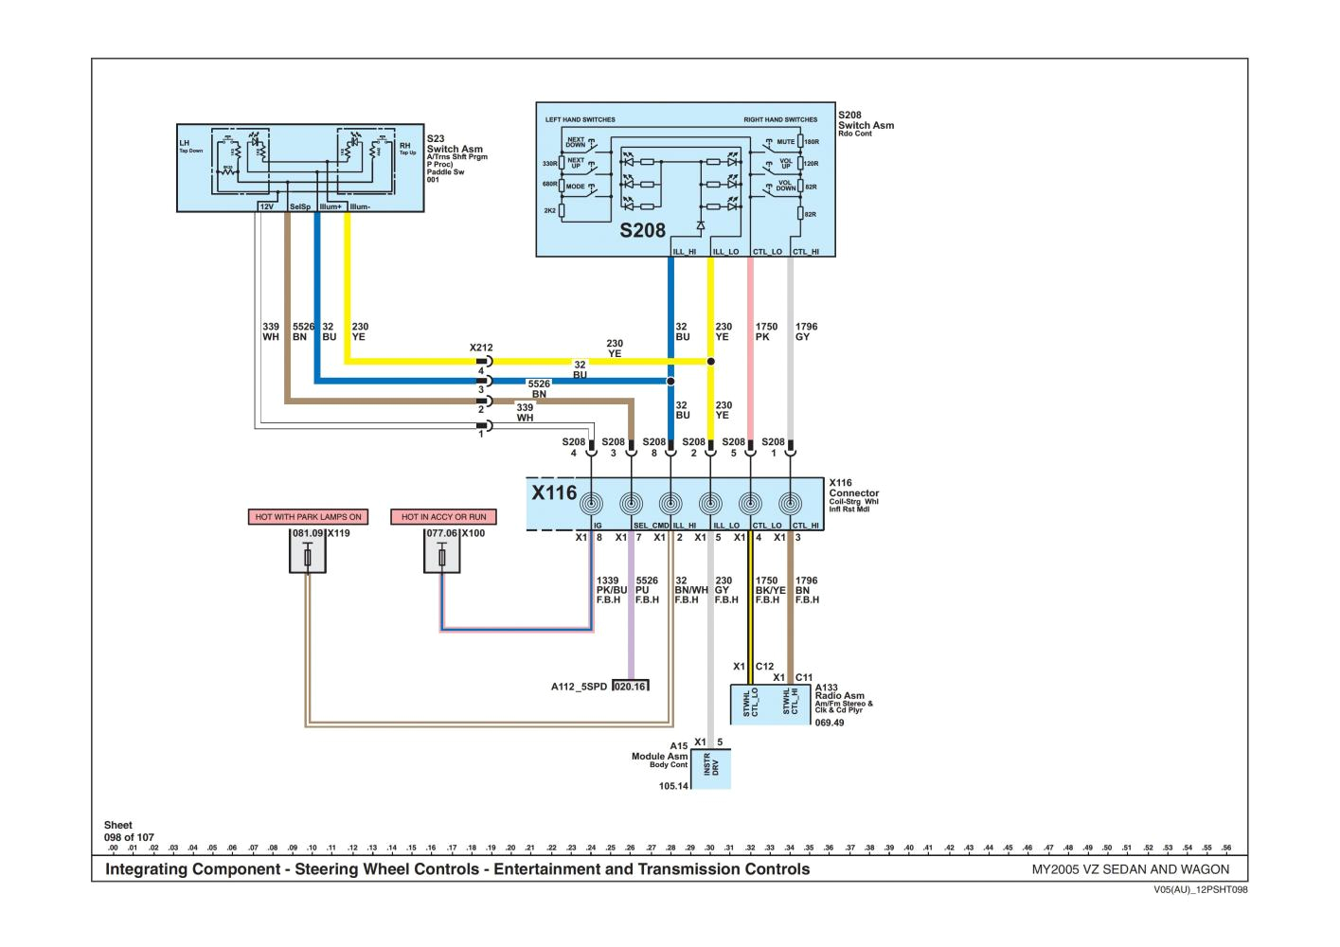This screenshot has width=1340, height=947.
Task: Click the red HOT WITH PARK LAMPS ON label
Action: pyautogui.click(x=308, y=517)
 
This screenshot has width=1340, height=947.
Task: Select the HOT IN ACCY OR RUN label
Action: pyautogui.click(x=443, y=517)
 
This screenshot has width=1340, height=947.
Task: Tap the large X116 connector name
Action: pyautogui.click(x=554, y=492)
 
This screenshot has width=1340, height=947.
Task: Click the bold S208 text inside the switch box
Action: pyautogui.click(x=643, y=230)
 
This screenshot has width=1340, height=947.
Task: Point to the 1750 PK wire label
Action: pyautogui.click(x=766, y=331)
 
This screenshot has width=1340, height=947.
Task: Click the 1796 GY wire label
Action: pyautogui.click(x=806, y=331)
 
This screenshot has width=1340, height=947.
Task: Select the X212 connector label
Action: pyautogui.click(x=481, y=348)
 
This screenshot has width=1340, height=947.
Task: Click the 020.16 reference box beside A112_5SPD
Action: pyautogui.click(x=631, y=687)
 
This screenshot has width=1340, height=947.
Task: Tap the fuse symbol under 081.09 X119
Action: pyautogui.click(x=308, y=559)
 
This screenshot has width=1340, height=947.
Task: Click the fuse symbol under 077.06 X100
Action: pyautogui.click(x=442, y=559)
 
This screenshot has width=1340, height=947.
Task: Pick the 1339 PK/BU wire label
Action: pyautogui.click(x=612, y=589)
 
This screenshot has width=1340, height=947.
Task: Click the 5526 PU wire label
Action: pyautogui.click(x=648, y=589)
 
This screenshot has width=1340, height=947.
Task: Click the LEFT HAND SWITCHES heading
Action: pyautogui.click(x=580, y=120)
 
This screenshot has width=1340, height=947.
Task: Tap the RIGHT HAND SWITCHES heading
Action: pyautogui.click(x=780, y=120)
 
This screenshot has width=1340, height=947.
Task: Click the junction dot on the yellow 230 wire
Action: pyautogui.click(x=710, y=362)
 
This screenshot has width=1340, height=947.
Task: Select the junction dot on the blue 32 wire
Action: pyautogui.click(x=670, y=382)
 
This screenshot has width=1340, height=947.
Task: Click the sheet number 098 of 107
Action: pyautogui.click(x=129, y=837)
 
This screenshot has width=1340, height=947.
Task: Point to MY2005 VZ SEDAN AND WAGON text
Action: pyautogui.click(x=1130, y=869)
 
